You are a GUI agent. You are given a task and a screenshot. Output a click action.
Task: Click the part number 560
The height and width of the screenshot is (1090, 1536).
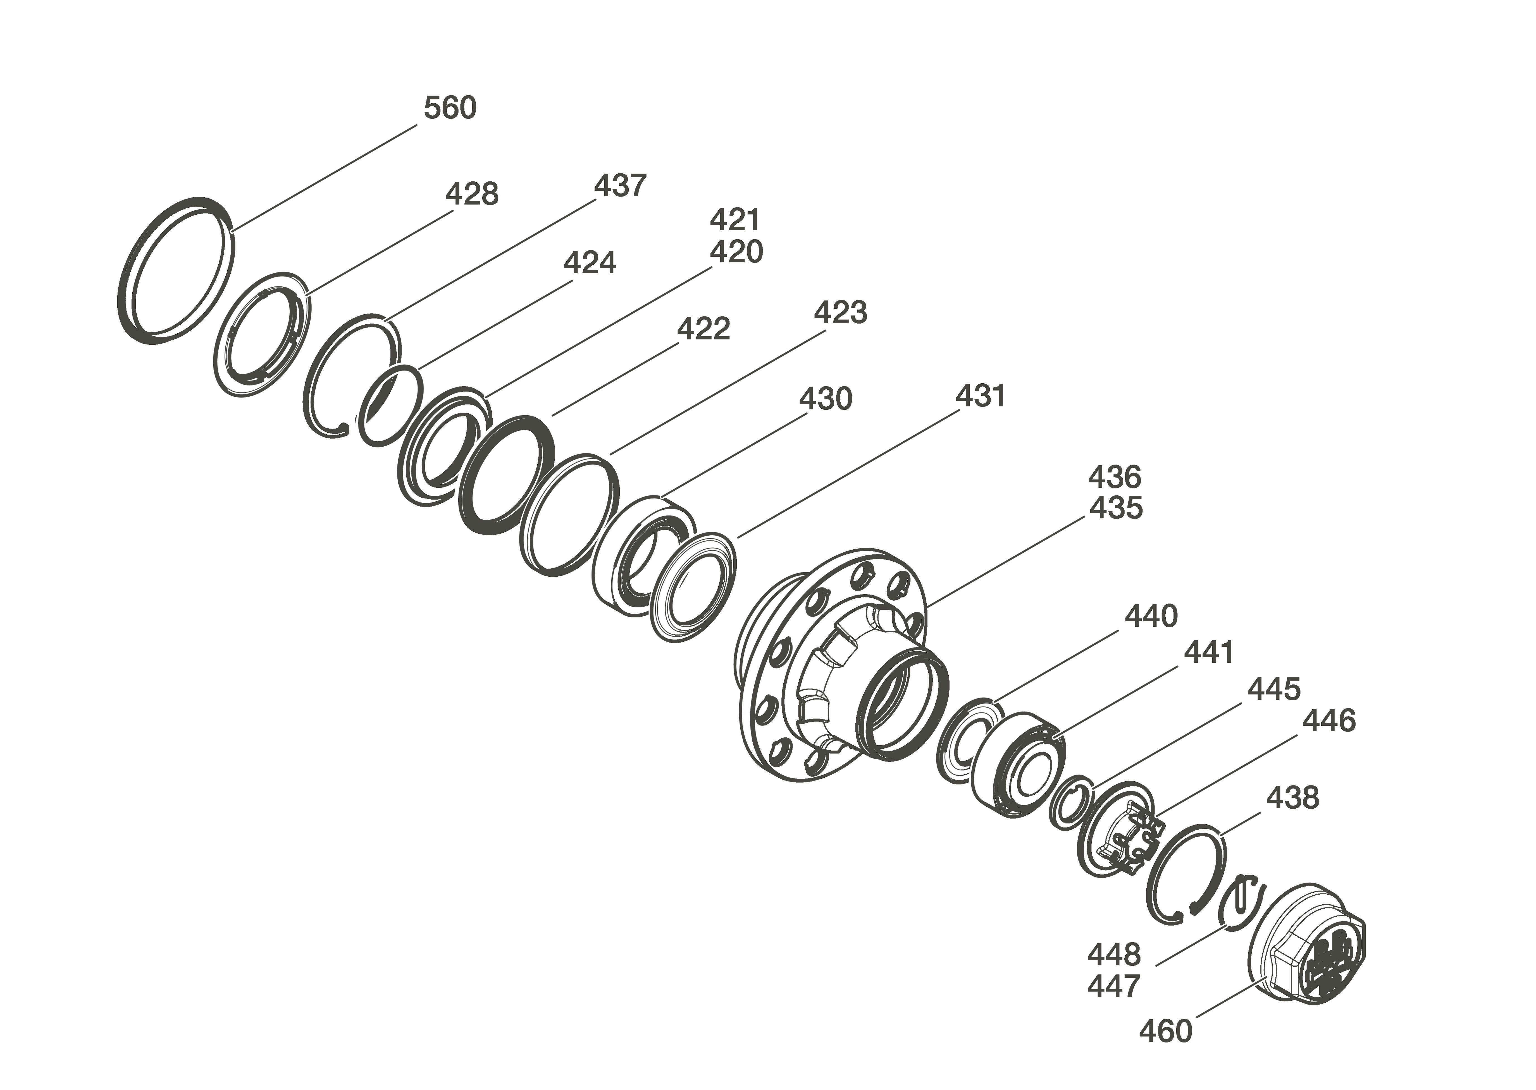click(450, 107)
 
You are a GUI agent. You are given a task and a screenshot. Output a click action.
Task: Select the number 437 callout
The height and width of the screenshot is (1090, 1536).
click(620, 185)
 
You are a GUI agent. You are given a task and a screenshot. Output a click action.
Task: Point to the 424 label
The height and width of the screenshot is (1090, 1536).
click(590, 263)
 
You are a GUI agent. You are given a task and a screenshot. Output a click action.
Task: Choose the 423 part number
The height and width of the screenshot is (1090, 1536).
click(841, 313)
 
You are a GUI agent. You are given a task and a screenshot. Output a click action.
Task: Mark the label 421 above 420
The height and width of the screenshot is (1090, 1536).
click(736, 219)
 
